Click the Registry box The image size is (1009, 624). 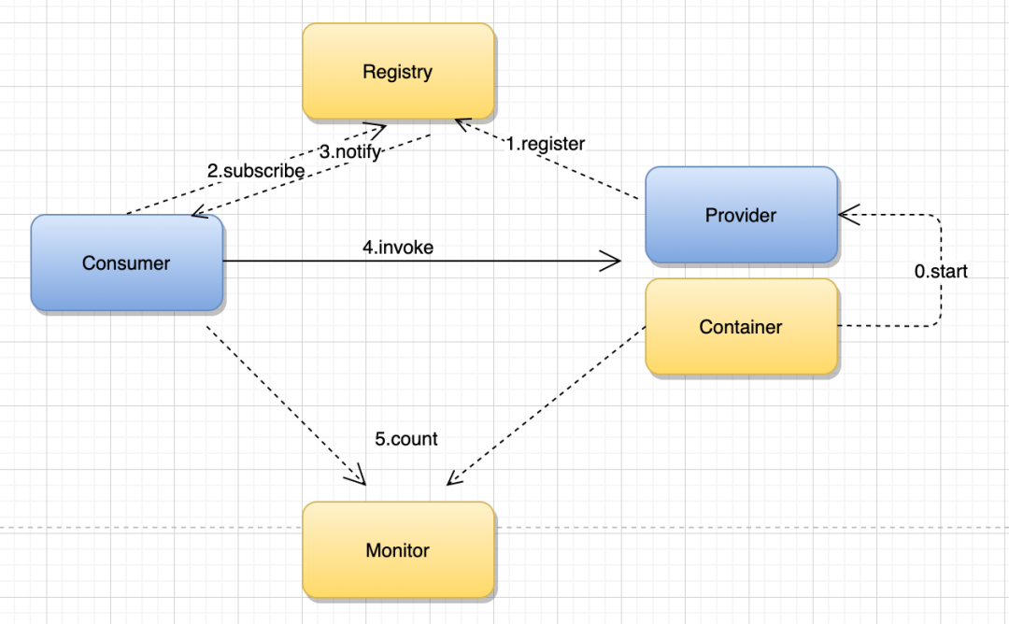coord(398,71)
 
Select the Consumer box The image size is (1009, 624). coord(127,262)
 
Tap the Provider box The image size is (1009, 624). coord(741,215)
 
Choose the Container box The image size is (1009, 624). coord(741,326)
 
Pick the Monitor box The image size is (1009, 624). coord(398,550)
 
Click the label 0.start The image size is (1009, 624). coord(941,272)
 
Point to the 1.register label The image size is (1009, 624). coord(545,144)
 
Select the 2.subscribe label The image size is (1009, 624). coord(255,170)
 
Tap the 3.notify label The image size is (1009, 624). coord(350,152)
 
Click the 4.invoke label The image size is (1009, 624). coord(398,247)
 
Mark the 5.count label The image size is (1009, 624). coord(406,439)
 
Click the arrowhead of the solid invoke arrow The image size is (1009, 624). coord(610,262)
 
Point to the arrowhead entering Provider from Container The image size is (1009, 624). coord(849,215)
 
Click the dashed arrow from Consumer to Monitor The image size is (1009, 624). coord(286,405)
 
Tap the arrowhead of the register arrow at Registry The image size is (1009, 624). coord(462,124)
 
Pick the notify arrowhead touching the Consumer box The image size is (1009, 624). coord(200,212)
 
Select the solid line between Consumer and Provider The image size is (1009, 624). coord(422,262)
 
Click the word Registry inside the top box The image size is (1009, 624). coord(398,72)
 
